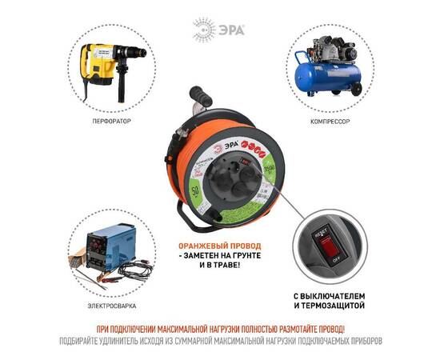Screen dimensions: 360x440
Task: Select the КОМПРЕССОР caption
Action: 330,122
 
